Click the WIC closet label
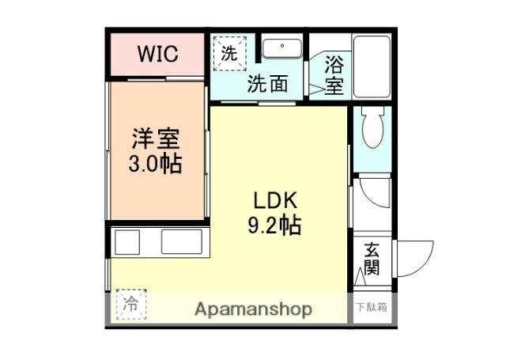[x=158, y=55]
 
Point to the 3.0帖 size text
[x=156, y=165]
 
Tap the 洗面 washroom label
[x=266, y=84]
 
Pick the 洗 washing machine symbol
[x=228, y=55]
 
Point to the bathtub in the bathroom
[x=371, y=66]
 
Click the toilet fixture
[x=371, y=127]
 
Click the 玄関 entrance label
[x=371, y=259]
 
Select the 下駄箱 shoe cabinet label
[x=370, y=308]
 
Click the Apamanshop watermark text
[x=253, y=309]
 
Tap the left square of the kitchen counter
[x=126, y=241]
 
